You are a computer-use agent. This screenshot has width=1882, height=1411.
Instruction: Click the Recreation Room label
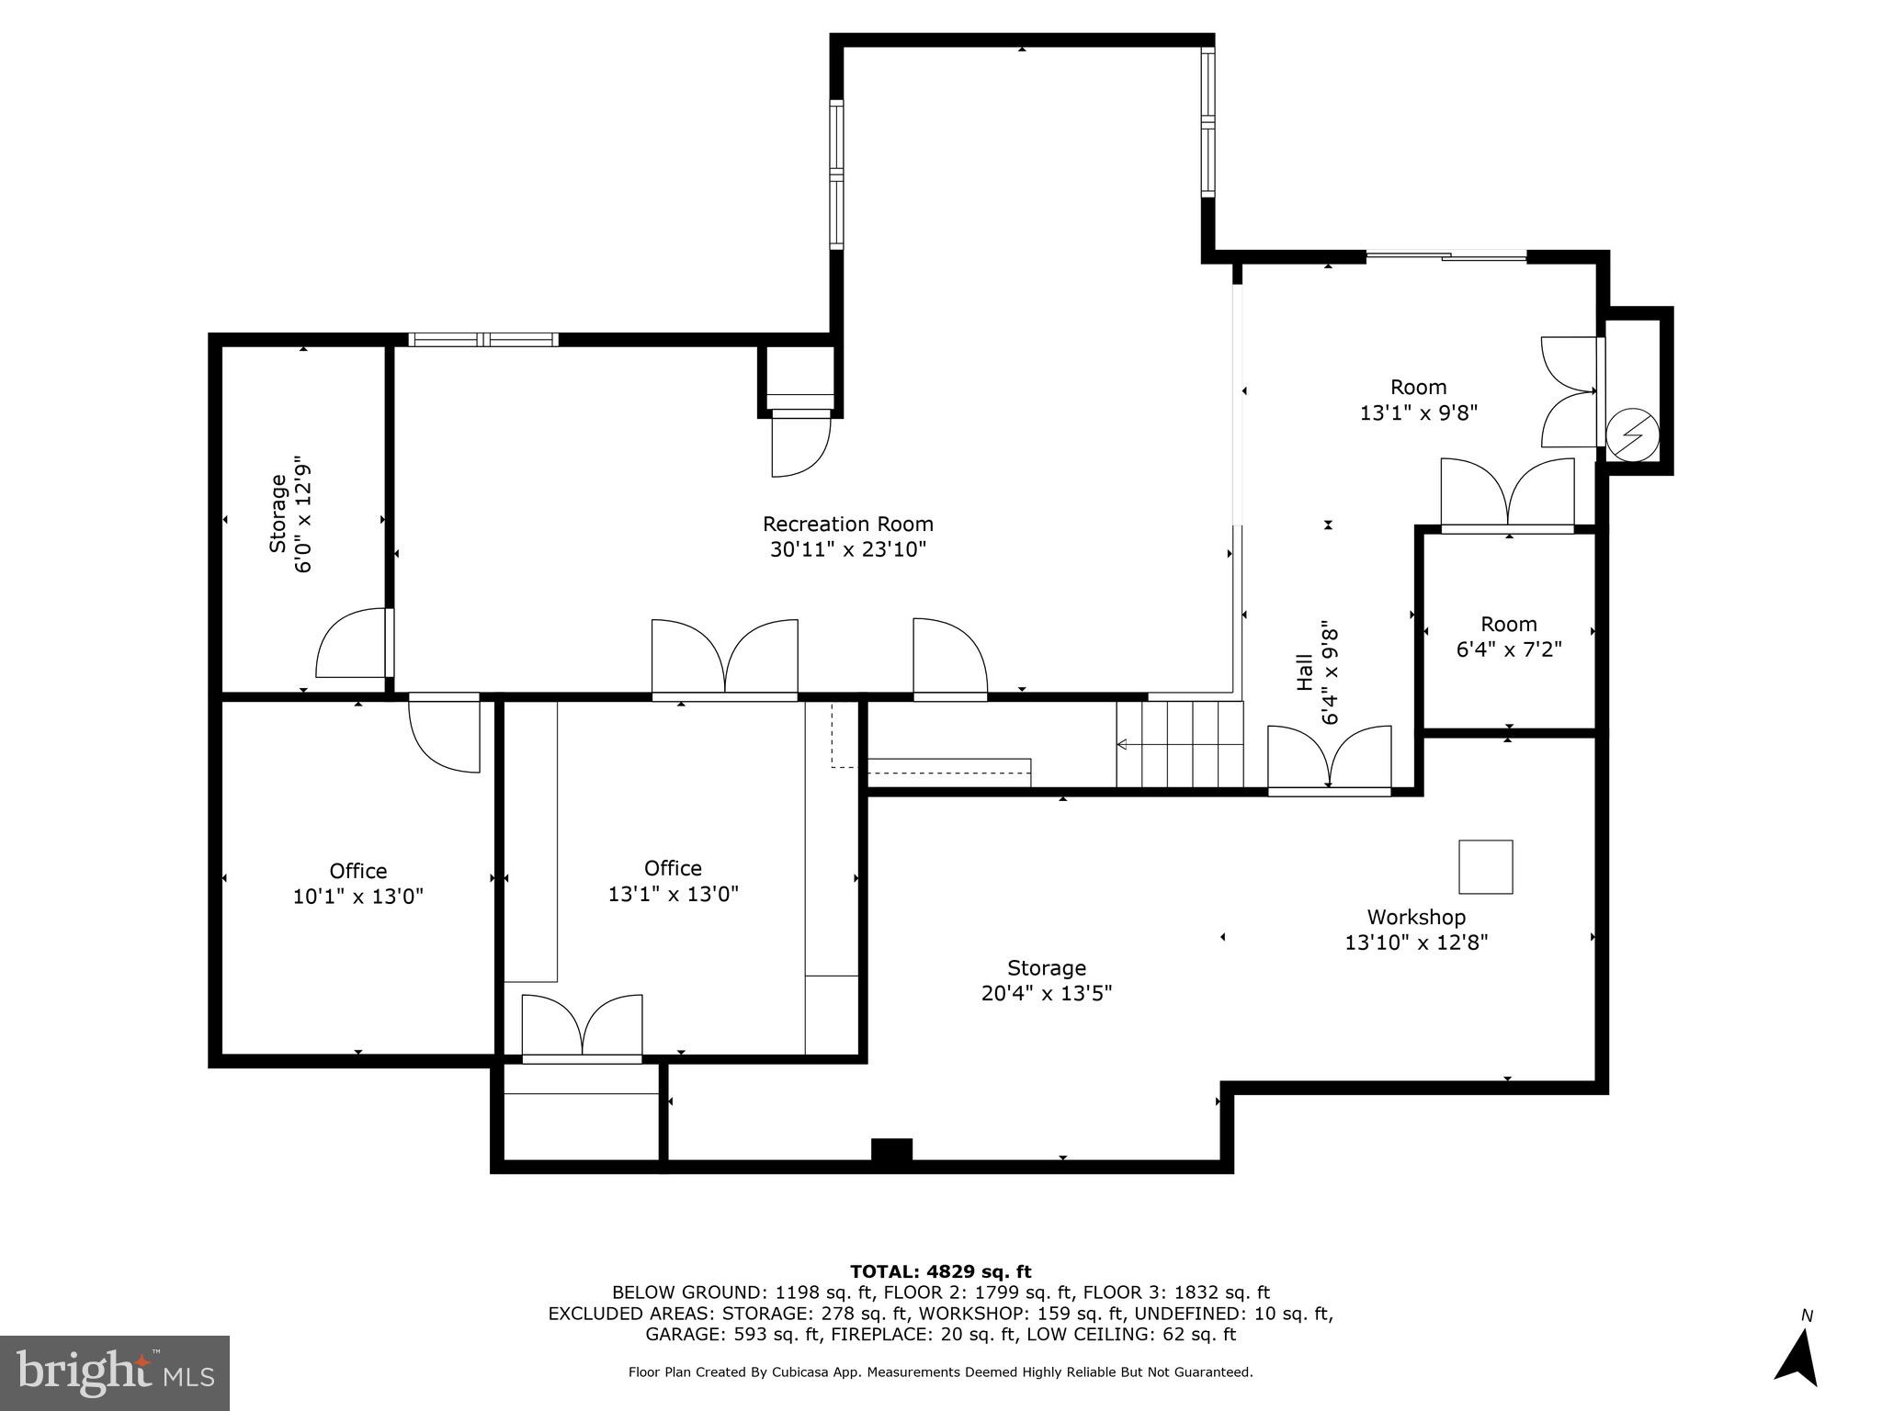tap(847, 524)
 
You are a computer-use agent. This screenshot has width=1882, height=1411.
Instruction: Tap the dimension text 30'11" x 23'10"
tap(847, 549)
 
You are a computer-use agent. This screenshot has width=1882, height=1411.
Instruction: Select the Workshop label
tap(1415, 917)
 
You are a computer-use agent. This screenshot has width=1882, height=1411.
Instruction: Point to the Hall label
tap(1303, 672)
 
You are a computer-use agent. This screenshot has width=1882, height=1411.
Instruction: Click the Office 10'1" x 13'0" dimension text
tap(357, 897)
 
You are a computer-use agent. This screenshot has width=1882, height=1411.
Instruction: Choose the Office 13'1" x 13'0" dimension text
tap(673, 894)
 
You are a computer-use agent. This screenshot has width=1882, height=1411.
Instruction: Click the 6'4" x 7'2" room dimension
tap(1508, 649)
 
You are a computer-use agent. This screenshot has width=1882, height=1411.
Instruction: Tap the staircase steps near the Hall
tap(1180, 744)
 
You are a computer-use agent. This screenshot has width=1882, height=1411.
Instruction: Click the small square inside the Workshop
tap(1485, 866)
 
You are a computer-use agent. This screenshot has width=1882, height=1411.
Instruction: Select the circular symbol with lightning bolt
tap(1632, 435)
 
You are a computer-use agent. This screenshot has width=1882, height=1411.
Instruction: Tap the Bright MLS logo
tap(114, 1372)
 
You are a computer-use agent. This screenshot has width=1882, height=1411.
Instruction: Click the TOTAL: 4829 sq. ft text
tap(940, 1271)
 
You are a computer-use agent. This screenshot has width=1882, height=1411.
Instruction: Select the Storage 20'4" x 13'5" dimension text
tap(1046, 993)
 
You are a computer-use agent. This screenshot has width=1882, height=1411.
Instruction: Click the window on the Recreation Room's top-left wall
tap(482, 340)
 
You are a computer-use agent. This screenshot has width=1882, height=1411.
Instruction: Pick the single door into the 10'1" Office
tap(445, 733)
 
